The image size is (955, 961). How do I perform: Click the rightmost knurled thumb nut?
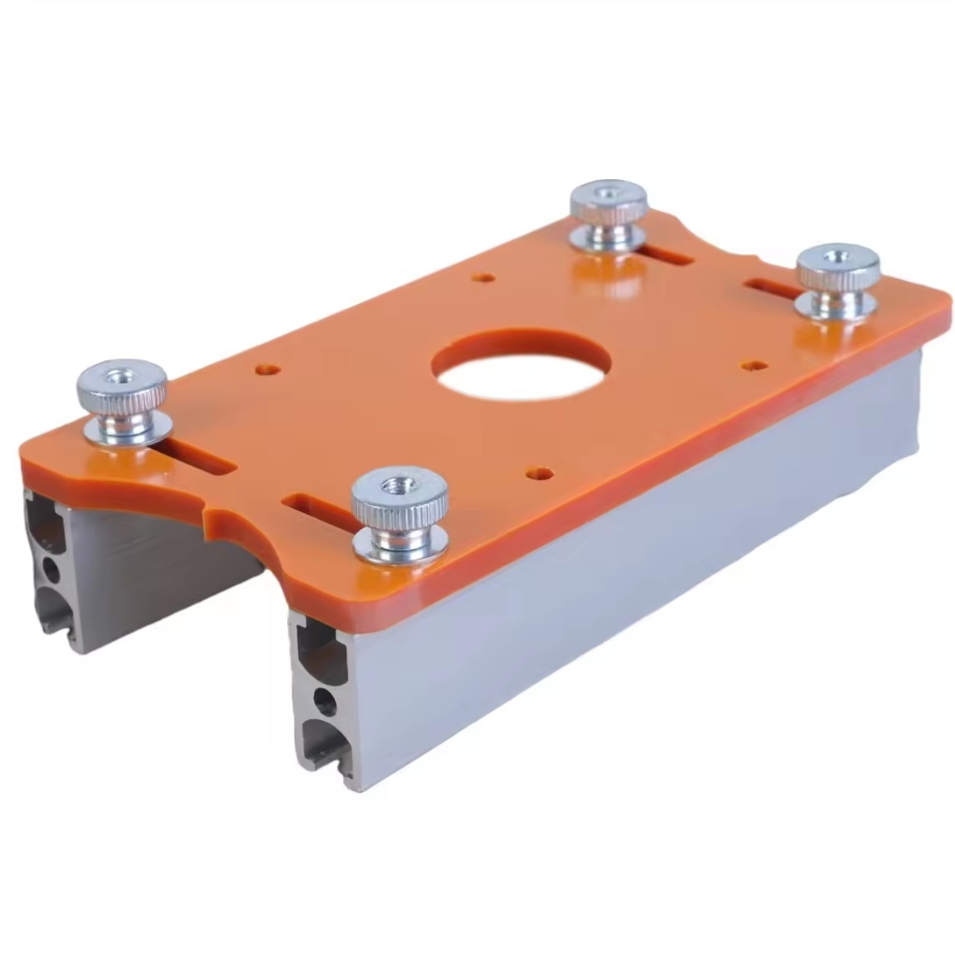[836, 272]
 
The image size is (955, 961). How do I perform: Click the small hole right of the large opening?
[755, 366]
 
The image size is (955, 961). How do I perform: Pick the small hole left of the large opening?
[268, 368]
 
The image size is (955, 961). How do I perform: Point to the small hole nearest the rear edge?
[482, 277]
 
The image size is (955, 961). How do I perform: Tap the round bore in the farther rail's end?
[51, 571]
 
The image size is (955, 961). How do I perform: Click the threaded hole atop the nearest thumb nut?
[398, 486]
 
